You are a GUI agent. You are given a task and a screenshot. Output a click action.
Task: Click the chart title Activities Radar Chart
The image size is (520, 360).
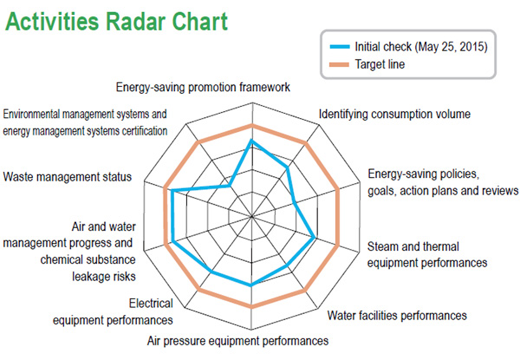click(x=116, y=21)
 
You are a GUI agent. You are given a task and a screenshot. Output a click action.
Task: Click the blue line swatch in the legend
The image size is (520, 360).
click(x=340, y=47)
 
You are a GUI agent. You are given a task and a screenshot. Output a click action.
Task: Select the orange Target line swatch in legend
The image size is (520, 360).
click(x=339, y=65)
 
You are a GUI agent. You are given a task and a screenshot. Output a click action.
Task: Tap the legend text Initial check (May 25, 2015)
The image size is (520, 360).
click(x=421, y=47)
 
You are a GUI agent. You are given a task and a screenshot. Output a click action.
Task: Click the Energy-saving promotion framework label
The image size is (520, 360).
click(x=203, y=88)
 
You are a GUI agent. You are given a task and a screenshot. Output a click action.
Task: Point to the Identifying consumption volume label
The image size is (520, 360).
click(x=394, y=115)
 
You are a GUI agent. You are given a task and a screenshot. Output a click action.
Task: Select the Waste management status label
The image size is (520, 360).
click(x=68, y=177)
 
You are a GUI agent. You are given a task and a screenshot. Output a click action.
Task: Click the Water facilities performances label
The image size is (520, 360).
click(x=397, y=316)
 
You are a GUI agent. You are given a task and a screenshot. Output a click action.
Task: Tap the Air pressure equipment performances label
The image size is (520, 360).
click(x=237, y=341)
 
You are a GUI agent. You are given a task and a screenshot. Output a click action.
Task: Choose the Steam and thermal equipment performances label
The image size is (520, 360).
click(x=427, y=255)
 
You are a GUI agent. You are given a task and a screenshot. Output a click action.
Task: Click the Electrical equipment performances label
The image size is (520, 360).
click(x=113, y=312)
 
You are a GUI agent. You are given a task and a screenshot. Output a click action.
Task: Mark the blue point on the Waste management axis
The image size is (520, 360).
click(x=172, y=191)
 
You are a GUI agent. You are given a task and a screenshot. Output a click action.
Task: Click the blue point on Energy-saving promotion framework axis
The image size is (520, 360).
click(x=251, y=141)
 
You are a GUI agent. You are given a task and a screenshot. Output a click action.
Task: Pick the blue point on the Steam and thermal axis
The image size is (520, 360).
click(x=315, y=238)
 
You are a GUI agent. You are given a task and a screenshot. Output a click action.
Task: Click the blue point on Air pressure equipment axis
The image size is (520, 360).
click(x=251, y=285)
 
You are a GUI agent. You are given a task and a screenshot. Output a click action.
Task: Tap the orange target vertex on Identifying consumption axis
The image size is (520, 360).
click(x=306, y=143)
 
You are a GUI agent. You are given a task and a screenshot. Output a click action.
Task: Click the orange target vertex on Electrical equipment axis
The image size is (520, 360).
click(x=198, y=291)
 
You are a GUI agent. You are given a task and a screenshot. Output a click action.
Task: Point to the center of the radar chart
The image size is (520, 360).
click(x=251, y=217)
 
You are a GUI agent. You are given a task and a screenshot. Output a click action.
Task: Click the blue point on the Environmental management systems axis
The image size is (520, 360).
click(x=229, y=186)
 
